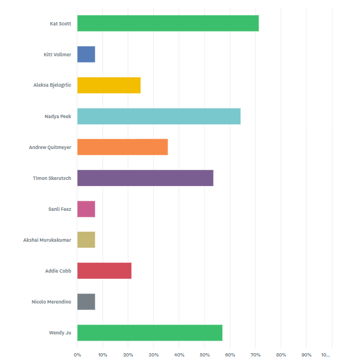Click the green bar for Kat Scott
[168, 23]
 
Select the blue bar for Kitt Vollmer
[86, 54]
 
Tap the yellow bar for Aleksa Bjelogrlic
[109, 85]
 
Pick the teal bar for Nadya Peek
[159, 116]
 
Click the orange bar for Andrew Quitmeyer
[122, 147]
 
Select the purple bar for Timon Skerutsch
[146, 178]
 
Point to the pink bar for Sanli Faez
[86, 209]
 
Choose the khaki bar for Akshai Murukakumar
[86, 240]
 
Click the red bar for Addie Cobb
[104, 270]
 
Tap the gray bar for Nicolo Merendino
[86, 301]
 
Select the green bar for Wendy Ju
[149, 333]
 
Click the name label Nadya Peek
[58, 116]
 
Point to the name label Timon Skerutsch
[52, 178]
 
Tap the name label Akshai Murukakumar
[47, 240]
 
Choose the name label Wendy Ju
[60, 333]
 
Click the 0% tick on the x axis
[77, 355]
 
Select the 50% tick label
[205, 355]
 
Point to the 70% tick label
[255, 355]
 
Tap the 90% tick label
[307, 355]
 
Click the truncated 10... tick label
[325, 355]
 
